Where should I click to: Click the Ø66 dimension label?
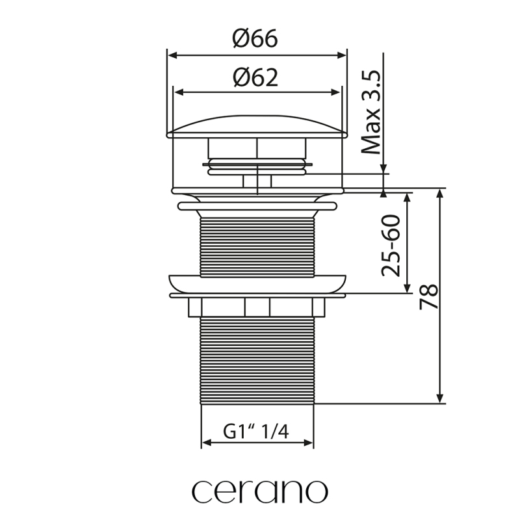pyautogui.click(x=255, y=38)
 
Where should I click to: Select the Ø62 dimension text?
pyautogui.click(x=255, y=77)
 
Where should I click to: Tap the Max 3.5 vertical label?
pyautogui.click(x=370, y=112)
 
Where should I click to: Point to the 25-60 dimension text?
pyautogui.click(x=391, y=246)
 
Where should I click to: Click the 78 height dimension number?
pyautogui.click(x=429, y=296)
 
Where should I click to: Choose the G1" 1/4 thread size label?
pyautogui.click(x=255, y=432)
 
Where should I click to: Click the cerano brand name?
pyautogui.click(x=259, y=491)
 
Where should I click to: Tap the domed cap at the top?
pyautogui.click(x=257, y=127)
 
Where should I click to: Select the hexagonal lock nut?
pyautogui.click(x=257, y=307)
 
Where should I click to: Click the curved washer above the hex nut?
pyautogui.click(x=257, y=284)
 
